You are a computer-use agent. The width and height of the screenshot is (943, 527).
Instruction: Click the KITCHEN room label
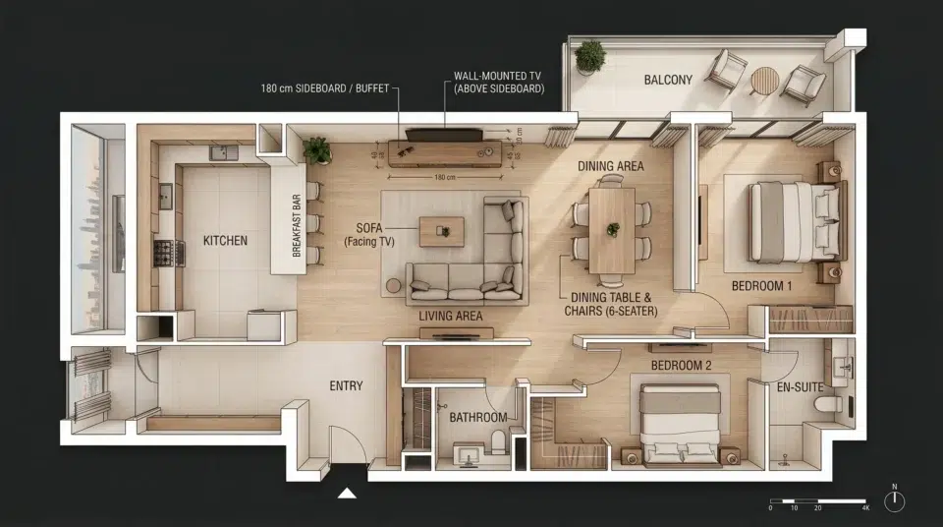pyautogui.click(x=225, y=240)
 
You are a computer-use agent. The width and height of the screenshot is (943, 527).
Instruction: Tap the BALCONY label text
pyautogui.click(x=668, y=80)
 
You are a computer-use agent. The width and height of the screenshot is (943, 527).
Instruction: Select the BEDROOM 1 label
pyautogui.click(x=761, y=286)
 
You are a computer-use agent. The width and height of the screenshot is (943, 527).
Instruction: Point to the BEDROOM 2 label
pyautogui.click(x=681, y=366)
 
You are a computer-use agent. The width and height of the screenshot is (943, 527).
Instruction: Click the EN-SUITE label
pyautogui.click(x=800, y=387)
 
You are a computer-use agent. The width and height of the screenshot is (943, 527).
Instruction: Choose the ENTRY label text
pyautogui.click(x=346, y=386)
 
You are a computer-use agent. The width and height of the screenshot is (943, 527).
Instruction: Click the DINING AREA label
pyautogui.click(x=610, y=166)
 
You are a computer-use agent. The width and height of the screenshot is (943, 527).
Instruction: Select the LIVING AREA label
pyautogui.click(x=451, y=316)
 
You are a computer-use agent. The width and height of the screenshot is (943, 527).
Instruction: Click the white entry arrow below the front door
pyautogui.click(x=347, y=493)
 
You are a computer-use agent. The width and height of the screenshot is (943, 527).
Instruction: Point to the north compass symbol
pyautogui.click(x=894, y=500)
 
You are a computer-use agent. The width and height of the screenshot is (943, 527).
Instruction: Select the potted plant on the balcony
pyautogui.click(x=589, y=55)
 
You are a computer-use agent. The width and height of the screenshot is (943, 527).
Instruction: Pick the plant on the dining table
pyautogui.click(x=612, y=229)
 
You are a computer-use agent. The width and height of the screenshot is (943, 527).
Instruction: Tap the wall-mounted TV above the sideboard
pyautogui.click(x=444, y=135)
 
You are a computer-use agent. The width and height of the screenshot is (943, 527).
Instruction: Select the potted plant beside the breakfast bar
pyautogui.click(x=317, y=150)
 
